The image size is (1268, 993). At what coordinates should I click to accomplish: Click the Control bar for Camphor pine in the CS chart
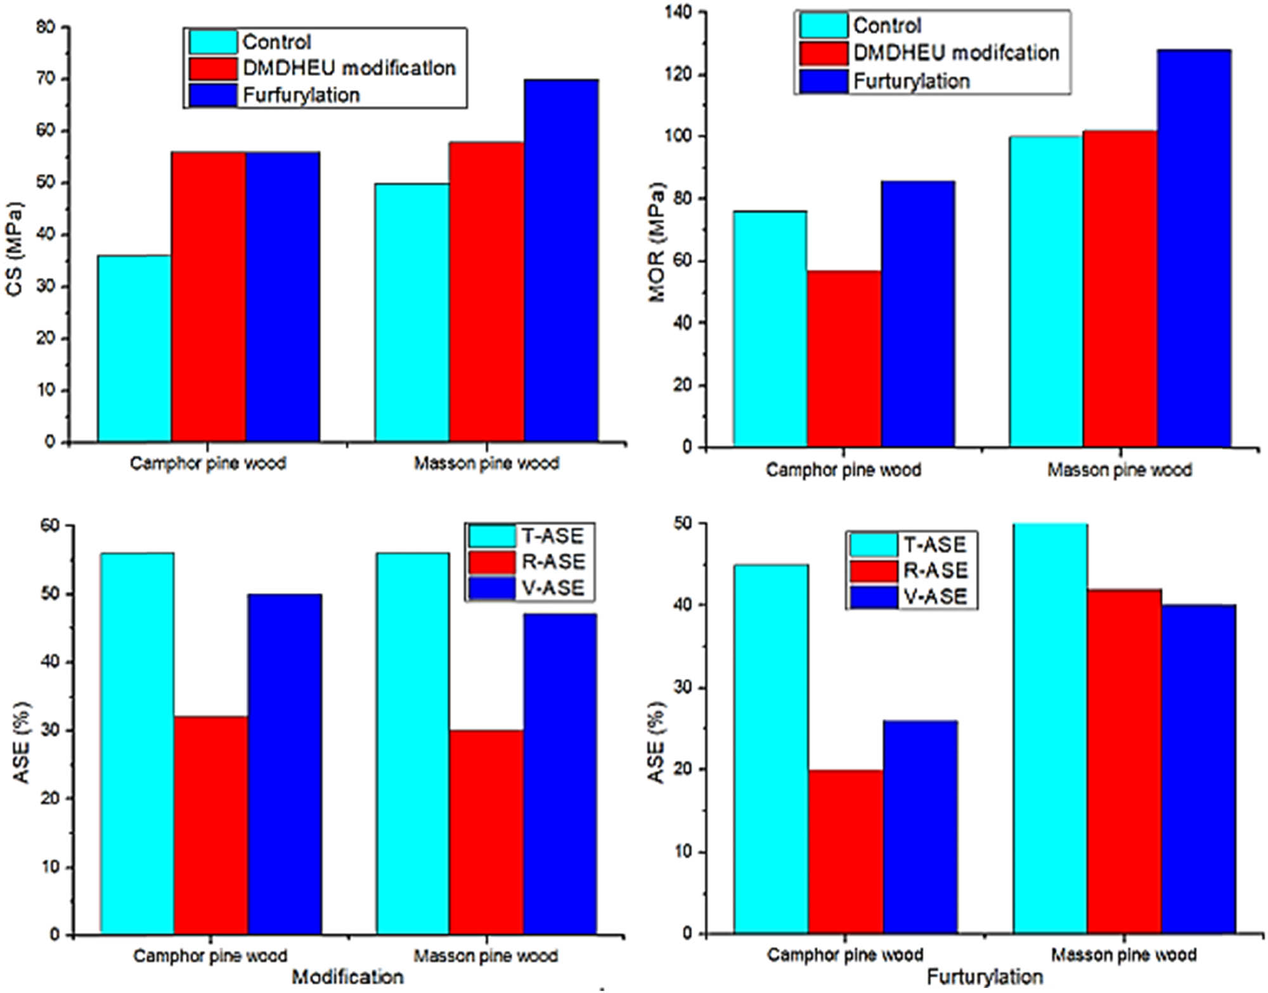[x=134, y=349]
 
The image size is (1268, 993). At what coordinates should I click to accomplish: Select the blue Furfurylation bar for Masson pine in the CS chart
[x=561, y=260]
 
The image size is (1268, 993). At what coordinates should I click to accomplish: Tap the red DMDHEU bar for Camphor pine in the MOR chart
[x=844, y=358]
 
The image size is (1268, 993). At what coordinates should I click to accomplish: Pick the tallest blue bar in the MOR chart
[x=1194, y=247]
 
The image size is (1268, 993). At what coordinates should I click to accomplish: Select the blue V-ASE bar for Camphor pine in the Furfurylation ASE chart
[x=920, y=827]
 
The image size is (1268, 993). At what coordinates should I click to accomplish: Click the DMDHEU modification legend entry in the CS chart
[x=349, y=68]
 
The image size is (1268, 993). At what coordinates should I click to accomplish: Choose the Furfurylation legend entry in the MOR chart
[x=911, y=81]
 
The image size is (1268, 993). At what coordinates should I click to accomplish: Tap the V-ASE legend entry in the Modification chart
[x=552, y=588]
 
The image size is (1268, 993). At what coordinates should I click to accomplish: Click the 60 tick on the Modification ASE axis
[x=51, y=526]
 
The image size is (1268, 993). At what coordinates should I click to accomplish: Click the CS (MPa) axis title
[x=14, y=249]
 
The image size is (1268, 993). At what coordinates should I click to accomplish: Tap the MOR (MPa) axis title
[x=657, y=242]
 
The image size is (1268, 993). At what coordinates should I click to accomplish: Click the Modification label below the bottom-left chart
[x=347, y=977]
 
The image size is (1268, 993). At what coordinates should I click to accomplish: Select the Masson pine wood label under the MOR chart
[x=1120, y=470]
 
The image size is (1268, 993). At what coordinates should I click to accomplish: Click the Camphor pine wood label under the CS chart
[x=208, y=464]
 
